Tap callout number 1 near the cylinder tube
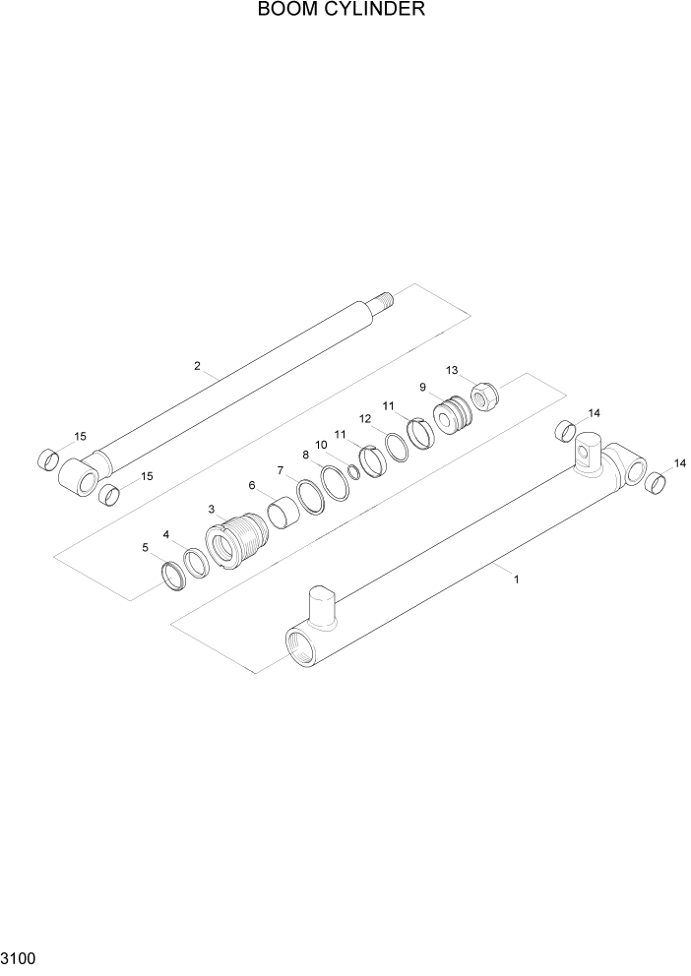point(516,579)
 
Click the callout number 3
point(212,509)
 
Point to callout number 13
point(452,371)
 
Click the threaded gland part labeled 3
point(237,545)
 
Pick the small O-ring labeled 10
point(353,473)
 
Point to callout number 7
point(280,469)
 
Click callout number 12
point(364,418)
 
